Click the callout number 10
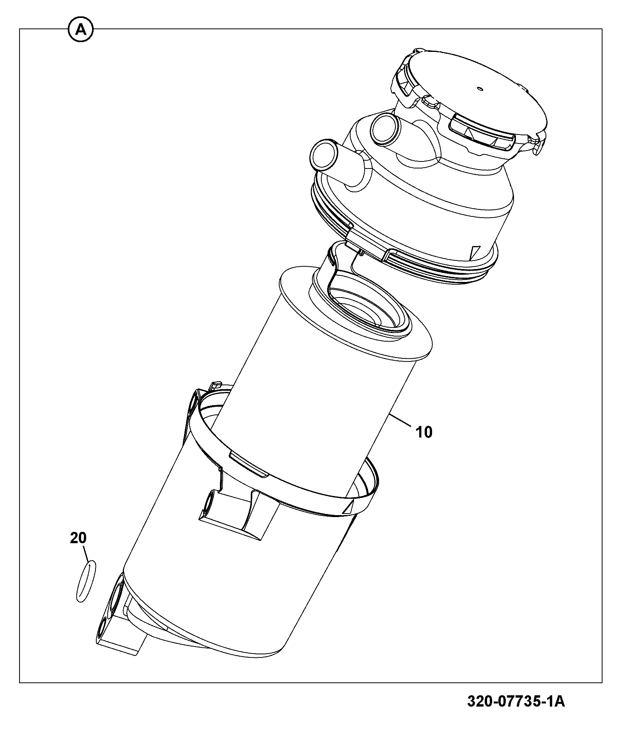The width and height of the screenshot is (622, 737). [x=424, y=432]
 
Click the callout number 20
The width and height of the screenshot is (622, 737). [x=78, y=538]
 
